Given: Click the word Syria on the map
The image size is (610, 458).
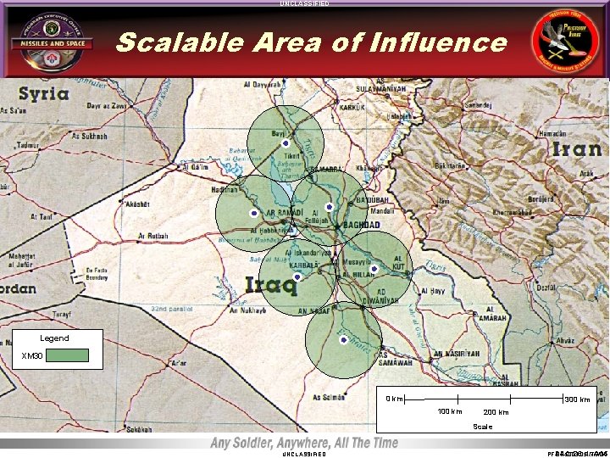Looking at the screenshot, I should pos(45,93).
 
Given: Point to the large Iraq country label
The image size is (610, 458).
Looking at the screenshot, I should pos(271,285).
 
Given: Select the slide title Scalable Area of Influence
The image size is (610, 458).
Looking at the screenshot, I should pos(311,42).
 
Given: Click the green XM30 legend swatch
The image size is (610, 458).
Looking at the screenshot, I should pos(67,355).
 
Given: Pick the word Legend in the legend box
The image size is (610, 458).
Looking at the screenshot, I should pos(54,338).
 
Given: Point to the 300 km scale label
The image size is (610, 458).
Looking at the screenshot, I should pos(577,399).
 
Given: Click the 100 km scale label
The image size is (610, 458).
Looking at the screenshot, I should pos(449,411).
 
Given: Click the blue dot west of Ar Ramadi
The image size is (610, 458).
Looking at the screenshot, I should pos(253,212).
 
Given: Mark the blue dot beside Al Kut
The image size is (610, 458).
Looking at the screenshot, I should pos(374,270).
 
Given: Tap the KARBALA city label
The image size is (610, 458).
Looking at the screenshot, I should pos(302,265).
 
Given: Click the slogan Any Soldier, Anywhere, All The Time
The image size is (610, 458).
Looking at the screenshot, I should pos(304,443).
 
